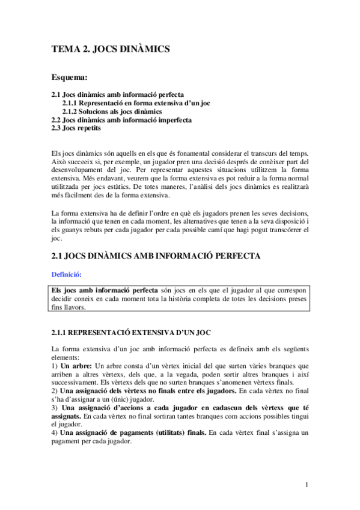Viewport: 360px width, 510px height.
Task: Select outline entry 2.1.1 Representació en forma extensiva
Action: click(x=136, y=103)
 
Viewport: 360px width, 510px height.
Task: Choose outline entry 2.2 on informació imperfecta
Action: click(x=122, y=120)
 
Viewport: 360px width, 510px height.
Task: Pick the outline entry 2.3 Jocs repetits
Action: click(x=76, y=128)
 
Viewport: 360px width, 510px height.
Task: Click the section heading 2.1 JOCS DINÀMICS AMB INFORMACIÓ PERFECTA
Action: click(x=156, y=256)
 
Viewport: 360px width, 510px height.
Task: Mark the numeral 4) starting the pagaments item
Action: click(x=55, y=432)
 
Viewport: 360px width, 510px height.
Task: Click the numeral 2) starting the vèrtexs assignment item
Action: click(x=55, y=390)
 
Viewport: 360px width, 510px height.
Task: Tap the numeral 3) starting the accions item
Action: click(x=55, y=407)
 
